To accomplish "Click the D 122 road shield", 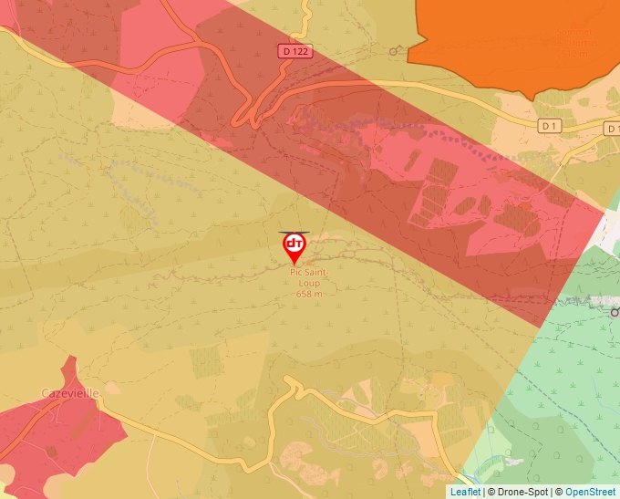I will [x=296, y=52].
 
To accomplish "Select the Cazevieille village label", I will [x=70, y=393].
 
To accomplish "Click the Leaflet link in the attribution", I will [x=465, y=492].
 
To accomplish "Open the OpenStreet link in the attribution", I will [x=592, y=492].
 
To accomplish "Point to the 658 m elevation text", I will [x=310, y=294].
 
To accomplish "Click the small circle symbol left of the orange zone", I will [x=394, y=51].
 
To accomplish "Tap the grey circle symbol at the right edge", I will [x=615, y=312].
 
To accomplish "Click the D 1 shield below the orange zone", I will [x=548, y=125].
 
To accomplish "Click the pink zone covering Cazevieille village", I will [x=55, y=429].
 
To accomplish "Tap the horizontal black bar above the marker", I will [x=294, y=231].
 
